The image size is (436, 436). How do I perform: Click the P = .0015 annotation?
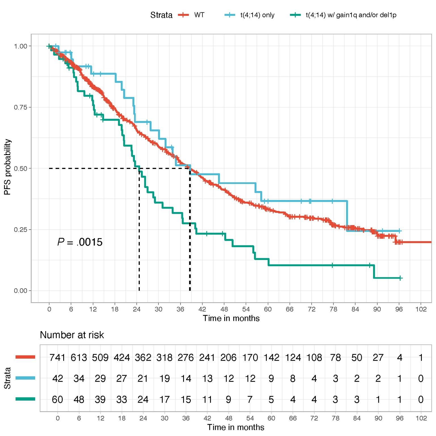[x=80, y=242]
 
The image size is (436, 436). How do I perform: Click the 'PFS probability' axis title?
[x=8, y=167]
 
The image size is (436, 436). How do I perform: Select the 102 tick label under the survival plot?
[x=421, y=309]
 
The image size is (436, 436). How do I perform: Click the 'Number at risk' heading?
[x=72, y=335]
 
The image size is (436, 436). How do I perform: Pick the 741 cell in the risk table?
[x=57, y=357]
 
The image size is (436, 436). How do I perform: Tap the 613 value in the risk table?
[x=79, y=357]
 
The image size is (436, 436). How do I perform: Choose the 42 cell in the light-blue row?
[x=58, y=378]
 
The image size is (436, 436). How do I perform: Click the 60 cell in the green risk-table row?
[x=58, y=399]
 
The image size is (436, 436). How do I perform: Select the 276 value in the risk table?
[x=186, y=357]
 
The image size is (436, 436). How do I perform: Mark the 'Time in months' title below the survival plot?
[x=231, y=318]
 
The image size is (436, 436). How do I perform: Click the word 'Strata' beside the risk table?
[x=8, y=378]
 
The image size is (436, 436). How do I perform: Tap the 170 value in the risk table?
[x=250, y=357]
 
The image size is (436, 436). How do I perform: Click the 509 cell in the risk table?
[x=100, y=357]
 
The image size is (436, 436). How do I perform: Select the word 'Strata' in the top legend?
[x=161, y=15]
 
